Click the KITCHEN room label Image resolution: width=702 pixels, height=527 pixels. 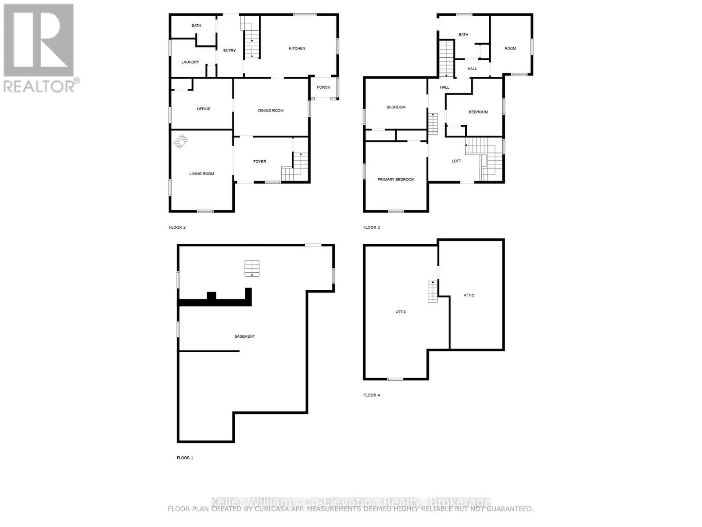pyautogui.click(x=297, y=48)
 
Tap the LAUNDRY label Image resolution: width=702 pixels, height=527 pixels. pyautogui.click(x=190, y=62)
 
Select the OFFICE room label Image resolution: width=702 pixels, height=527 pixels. pyautogui.click(x=204, y=109)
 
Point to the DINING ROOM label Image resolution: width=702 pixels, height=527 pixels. pyautogui.click(x=271, y=111)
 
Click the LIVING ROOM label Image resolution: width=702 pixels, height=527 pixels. pyautogui.click(x=202, y=174)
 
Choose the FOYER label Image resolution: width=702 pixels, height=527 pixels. pyautogui.click(x=260, y=162)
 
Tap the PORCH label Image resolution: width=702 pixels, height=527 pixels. pyautogui.click(x=323, y=87)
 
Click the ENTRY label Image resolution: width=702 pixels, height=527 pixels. pyautogui.click(x=229, y=51)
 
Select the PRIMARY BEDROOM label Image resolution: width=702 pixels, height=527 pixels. pyautogui.click(x=396, y=180)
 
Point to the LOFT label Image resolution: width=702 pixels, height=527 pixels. pyautogui.click(x=456, y=161)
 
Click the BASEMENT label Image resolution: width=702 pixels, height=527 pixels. pyautogui.click(x=244, y=336)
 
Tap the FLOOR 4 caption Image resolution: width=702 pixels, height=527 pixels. pyautogui.click(x=371, y=395)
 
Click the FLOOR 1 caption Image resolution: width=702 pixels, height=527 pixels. pyautogui.click(x=185, y=458)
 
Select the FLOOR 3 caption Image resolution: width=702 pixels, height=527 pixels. pyautogui.click(x=371, y=227)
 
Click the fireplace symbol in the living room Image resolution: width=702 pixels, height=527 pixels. pyautogui.click(x=180, y=141)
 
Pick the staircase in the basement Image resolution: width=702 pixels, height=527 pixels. pyautogui.click(x=252, y=268)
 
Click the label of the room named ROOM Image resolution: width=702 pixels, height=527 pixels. pyautogui.click(x=510, y=48)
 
